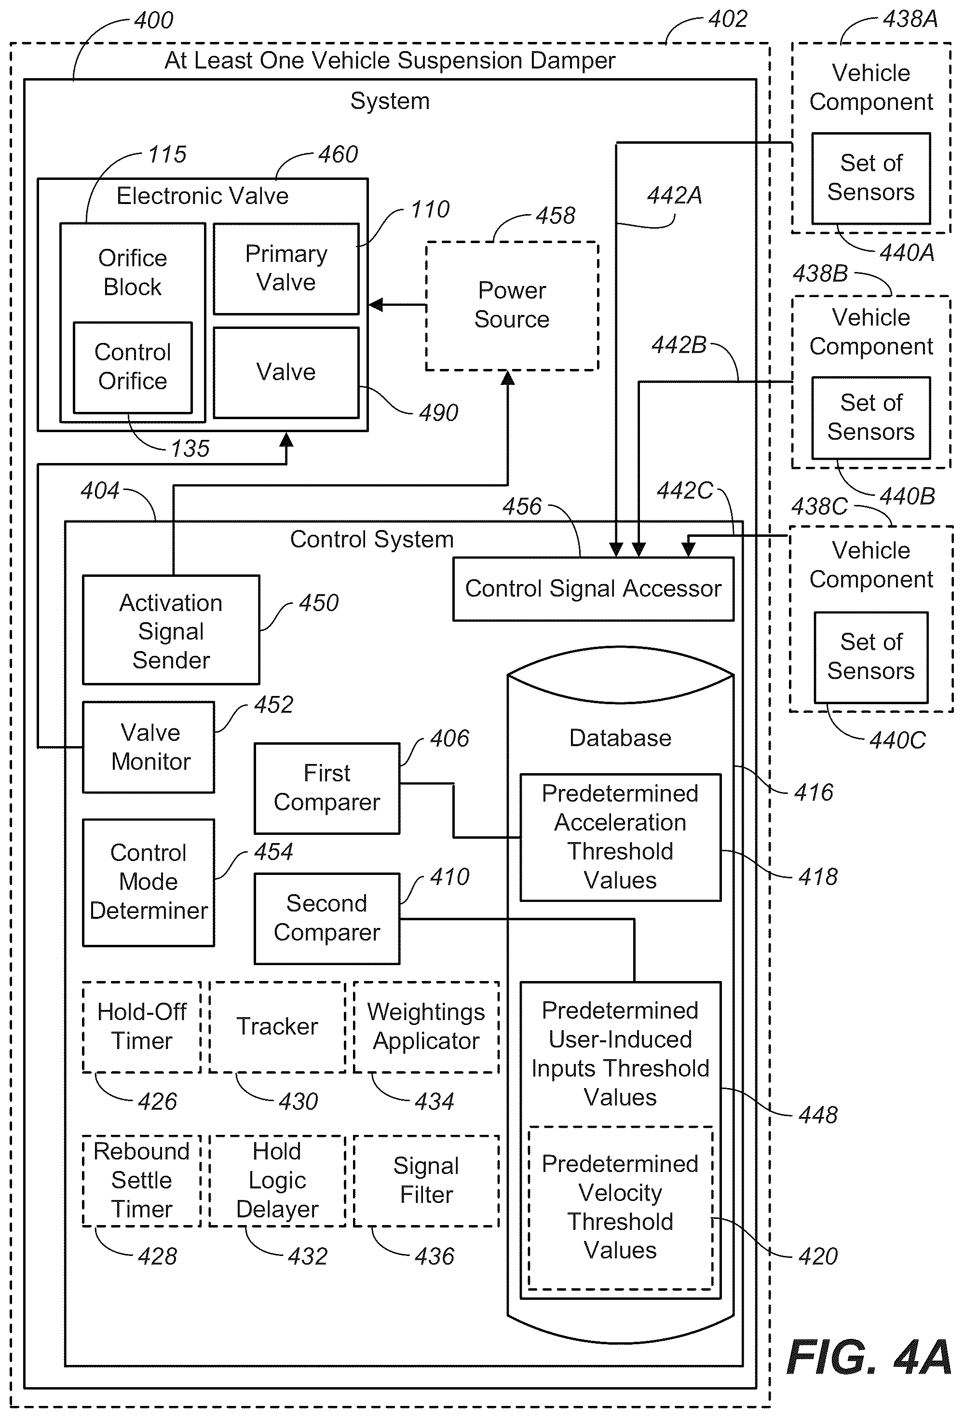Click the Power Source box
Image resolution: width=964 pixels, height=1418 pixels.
511,306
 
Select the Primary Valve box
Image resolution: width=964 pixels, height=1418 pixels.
286,269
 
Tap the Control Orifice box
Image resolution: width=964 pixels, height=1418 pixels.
133,368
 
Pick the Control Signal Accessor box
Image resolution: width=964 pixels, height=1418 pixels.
593,589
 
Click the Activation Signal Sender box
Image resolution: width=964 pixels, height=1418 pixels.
171,630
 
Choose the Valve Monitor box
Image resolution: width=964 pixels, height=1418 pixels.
148,747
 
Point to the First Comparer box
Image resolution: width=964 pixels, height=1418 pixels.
327,788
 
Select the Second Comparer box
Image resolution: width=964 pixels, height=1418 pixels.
327,918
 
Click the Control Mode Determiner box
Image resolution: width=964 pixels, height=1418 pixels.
148,882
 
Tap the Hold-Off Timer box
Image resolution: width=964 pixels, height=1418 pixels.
142,1027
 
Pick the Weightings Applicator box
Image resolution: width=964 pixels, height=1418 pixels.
426,1027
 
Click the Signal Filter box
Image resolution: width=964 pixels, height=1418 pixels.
426,1181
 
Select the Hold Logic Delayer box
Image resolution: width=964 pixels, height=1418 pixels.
278,1181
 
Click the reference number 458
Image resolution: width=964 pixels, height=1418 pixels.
555,216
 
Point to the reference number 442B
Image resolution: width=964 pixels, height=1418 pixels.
679,345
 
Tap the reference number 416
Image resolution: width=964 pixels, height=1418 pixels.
813,792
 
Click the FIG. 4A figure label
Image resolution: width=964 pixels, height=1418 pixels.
869,1357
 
